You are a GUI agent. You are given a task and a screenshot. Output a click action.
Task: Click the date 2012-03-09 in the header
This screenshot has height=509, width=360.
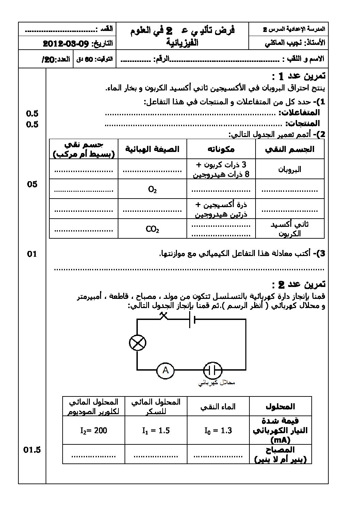pyautogui.click(x=66, y=44)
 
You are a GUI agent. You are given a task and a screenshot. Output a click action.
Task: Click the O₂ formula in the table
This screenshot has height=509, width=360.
pyautogui.click(x=152, y=189)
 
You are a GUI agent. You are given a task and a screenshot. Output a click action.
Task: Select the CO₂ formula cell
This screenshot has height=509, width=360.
pyautogui.click(x=152, y=229)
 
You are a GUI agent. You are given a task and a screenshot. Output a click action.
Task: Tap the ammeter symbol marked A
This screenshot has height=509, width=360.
pyautogui.click(x=165, y=370)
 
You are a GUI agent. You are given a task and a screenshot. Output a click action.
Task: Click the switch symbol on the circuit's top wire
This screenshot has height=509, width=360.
pyautogui.click(x=164, y=316)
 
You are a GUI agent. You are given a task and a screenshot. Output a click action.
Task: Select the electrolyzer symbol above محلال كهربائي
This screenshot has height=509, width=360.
pyautogui.click(x=213, y=370)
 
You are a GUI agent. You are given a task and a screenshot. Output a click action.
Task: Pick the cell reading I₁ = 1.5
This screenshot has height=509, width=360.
pyautogui.click(x=156, y=430)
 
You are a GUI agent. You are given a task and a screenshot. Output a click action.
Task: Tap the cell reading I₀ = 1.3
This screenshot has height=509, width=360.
pyautogui.click(x=218, y=430)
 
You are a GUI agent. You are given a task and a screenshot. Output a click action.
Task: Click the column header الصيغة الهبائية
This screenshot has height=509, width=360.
pyautogui.click(x=152, y=149)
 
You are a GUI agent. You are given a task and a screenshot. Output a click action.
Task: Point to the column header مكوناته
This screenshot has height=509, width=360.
pyautogui.click(x=221, y=149)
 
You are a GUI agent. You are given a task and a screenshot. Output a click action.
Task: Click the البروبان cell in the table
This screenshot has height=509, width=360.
pyautogui.click(x=290, y=169)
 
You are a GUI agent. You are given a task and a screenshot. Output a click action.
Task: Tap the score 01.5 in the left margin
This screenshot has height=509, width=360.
pyautogui.click(x=32, y=450)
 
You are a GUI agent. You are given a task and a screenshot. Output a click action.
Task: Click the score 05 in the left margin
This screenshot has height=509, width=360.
pyautogui.click(x=32, y=184)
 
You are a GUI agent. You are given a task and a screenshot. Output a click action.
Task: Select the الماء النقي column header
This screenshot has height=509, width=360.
pyautogui.click(x=218, y=406)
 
